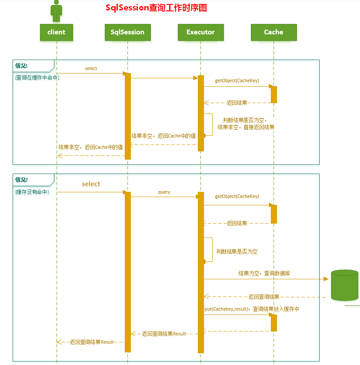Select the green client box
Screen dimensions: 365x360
click(x=57, y=32)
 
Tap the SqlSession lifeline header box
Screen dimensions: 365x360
click(x=127, y=32)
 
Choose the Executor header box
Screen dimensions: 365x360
click(x=200, y=32)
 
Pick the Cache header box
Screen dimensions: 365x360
click(x=273, y=32)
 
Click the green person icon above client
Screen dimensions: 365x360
click(x=56, y=10)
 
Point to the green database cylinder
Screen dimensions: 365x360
click(x=344, y=285)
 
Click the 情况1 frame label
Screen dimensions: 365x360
click(x=22, y=66)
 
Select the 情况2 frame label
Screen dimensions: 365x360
click(x=22, y=180)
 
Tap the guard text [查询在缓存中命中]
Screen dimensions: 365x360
click(x=37, y=77)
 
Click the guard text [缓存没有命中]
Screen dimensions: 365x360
click(x=32, y=192)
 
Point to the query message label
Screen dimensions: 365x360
click(x=164, y=192)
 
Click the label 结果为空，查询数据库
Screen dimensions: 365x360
click(x=264, y=274)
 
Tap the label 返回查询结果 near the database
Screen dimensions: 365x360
click(x=264, y=297)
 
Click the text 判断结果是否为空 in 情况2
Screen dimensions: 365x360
click(x=237, y=251)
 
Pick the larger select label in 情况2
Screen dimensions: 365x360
click(x=91, y=184)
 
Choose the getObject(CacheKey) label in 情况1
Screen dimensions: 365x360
click(x=237, y=81)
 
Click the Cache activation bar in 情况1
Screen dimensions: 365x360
click(x=274, y=94)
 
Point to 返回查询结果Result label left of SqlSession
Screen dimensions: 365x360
click(x=92, y=342)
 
